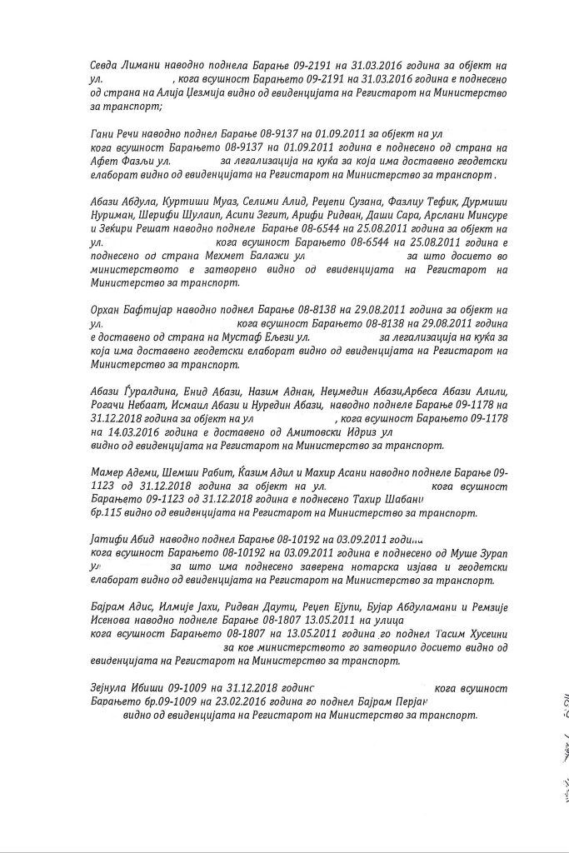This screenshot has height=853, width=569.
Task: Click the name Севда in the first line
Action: point(105,65)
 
